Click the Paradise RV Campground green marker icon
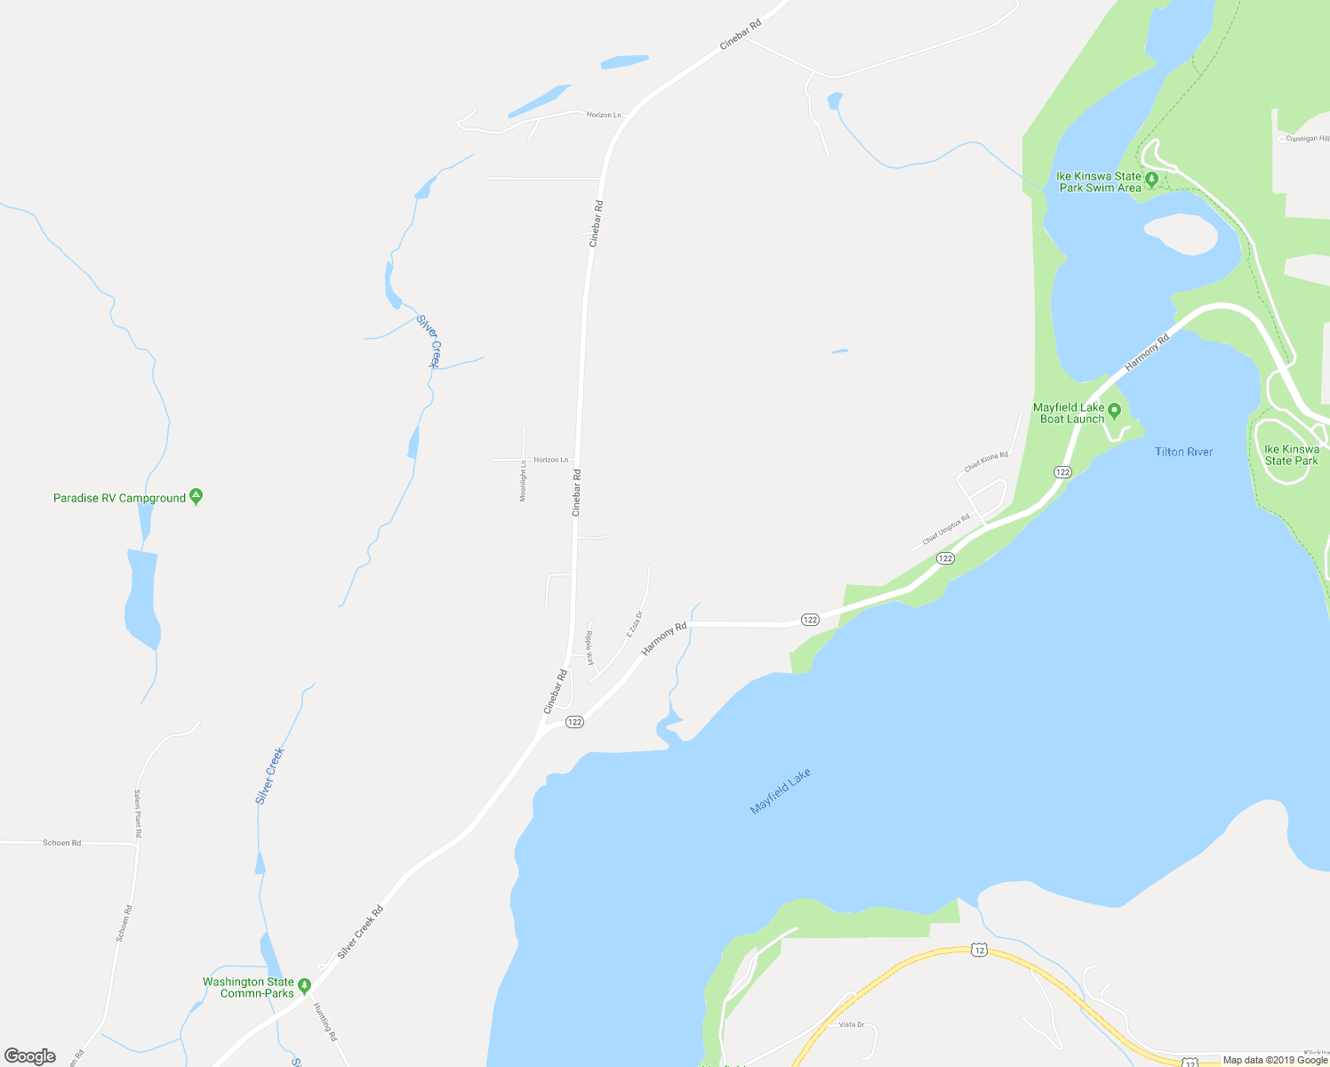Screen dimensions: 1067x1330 (196, 497)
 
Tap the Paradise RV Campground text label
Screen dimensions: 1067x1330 (119, 498)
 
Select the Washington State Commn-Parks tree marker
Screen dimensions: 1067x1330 (304, 985)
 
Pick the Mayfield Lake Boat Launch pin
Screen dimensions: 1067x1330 (1114, 412)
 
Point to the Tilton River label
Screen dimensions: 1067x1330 (1183, 452)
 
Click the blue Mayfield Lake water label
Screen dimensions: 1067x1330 (781, 791)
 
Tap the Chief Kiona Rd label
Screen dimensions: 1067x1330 (986, 462)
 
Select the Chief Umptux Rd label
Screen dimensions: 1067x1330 (946, 530)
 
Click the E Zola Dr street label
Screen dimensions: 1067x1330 (634, 623)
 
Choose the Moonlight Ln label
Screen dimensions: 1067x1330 (523, 480)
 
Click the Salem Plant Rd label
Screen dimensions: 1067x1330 (138, 814)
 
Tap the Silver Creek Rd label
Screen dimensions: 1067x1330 (360, 932)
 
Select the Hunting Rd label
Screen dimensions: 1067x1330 (324, 1022)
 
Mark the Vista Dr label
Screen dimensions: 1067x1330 (851, 1024)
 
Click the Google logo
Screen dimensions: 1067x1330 (30, 1055)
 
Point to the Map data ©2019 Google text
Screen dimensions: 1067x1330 (1274, 1060)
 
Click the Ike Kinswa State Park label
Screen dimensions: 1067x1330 (1292, 455)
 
